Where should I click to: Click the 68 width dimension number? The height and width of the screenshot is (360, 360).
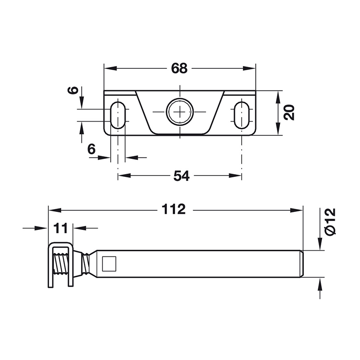click(x=179, y=68)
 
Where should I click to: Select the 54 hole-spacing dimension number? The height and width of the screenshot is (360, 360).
click(x=181, y=176)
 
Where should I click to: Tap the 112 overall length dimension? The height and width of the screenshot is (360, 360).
click(x=174, y=209)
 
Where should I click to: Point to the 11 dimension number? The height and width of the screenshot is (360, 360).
click(x=61, y=228)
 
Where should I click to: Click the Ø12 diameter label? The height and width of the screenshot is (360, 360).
click(x=331, y=221)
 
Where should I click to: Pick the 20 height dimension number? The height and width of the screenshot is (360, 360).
click(x=289, y=112)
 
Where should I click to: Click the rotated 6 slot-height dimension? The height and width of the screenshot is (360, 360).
click(x=73, y=90)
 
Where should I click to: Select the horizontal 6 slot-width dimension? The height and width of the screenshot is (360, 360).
click(x=91, y=149)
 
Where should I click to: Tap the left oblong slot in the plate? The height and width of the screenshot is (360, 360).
click(x=118, y=115)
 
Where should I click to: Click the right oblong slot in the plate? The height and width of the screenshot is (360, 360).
click(x=242, y=115)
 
